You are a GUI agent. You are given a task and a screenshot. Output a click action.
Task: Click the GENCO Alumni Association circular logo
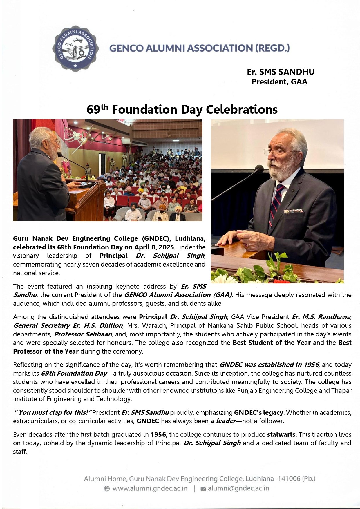pyautogui.click(x=75, y=48)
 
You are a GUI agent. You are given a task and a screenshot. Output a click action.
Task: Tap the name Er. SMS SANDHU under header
pyautogui.click(x=281, y=72)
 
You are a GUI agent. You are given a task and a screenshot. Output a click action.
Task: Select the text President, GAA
pyautogui.click(x=279, y=82)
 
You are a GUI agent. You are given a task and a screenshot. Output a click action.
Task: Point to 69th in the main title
pyautogui.click(x=97, y=110)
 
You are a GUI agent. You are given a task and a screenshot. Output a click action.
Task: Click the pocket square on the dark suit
pyautogui.click(x=293, y=211)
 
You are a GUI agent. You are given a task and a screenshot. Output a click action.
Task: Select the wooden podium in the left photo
pyautogui.click(x=86, y=200)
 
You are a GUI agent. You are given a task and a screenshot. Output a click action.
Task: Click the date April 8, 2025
pyautogui.click(x=154, y=247)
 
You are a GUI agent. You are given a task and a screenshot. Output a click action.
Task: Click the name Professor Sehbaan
pyautogui.click(x=83, y=334)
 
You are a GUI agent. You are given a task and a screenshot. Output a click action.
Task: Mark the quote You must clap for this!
pyautogui.click(x=53, y=412)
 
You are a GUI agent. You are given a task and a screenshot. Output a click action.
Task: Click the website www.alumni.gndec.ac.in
pyautogui.click(x=150, y=488)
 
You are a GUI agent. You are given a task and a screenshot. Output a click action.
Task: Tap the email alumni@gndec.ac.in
pyautogui.click(x=238, y=488)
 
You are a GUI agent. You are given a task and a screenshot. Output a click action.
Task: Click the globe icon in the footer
pyautogui.click(x=107, y=489)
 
